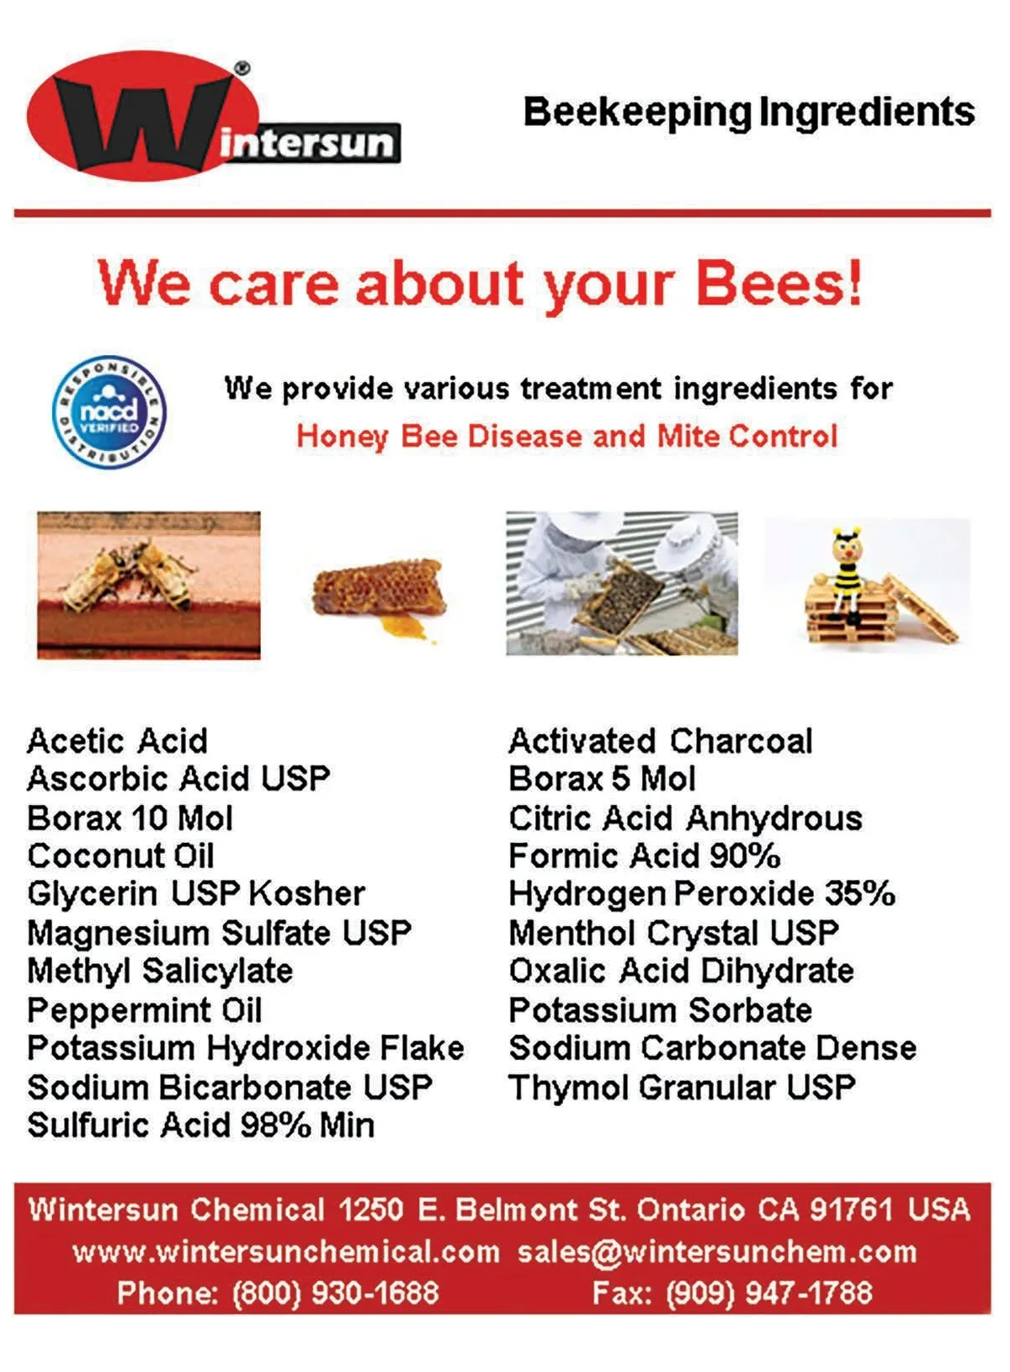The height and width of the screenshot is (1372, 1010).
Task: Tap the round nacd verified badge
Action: pyautogui.click(x=109, y=412)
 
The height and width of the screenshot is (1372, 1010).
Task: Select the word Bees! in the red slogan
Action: pyautogui.click(x=779, y=283)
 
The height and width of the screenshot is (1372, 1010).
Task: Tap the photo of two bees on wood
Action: pyautogui.click(x=149, y=585)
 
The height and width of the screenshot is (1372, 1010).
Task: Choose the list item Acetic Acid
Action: pyautogui.click(x=118, y=741)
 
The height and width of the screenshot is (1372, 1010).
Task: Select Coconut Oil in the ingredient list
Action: pyautogui.click(x=120, y=856)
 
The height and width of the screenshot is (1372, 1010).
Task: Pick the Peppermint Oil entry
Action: pyautogui.click(x=145, y=1010)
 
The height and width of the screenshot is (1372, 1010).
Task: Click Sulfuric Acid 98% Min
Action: pyautogui.click(x=201, y=1126)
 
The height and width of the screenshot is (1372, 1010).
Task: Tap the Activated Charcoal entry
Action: pyautogui.click(x=661, y=741)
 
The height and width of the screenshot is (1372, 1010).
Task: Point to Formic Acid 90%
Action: pyautogui.click(x=645, y=856)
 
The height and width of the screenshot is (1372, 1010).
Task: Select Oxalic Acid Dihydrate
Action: pyautogui.click(x=682, y=972)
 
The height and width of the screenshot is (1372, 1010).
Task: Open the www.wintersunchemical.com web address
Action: pyautogui.click(x=286, y=1252)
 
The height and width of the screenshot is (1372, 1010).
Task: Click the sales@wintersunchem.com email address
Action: pyautogui.click(x=717, y=1252)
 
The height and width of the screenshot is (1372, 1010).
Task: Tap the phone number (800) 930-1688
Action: pyautogui.click(x=336, y=1292)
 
